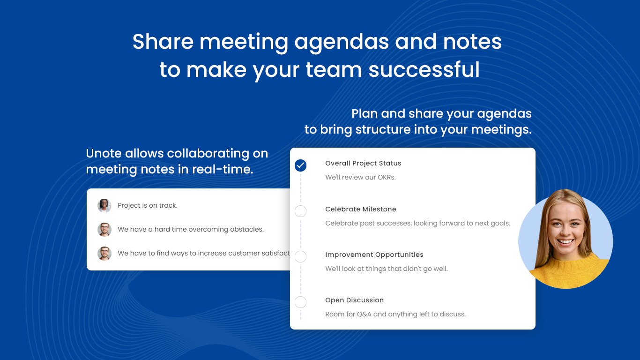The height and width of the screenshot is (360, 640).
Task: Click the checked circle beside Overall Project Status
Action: (301, 165)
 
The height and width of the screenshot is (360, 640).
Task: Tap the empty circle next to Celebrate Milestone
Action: (301, 211)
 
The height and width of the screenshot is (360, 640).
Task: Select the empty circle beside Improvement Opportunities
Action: (301, 256)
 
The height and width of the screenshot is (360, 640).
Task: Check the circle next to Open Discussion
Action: (301, 302)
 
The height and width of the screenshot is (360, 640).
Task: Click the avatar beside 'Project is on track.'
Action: (104, 206)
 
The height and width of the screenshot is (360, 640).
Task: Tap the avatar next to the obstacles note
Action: (104, 230)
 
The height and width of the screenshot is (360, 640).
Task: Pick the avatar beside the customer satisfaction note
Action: (104, 254)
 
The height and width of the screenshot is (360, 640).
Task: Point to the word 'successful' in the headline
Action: (424, 69)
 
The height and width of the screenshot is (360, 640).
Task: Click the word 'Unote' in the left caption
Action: (104, 153)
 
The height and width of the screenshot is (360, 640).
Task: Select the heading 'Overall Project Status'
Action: (363, 163)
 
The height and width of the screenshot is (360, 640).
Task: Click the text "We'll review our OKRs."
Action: (361, 177)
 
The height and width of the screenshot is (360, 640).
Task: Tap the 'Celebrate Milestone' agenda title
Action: (361, 209)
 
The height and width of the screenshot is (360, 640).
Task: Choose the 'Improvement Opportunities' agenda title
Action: (374, 255)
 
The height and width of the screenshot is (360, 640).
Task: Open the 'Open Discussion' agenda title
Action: (354, 300)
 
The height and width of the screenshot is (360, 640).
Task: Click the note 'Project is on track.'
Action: (148, 206)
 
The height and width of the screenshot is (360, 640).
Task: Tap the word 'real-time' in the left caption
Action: (222, 169)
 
